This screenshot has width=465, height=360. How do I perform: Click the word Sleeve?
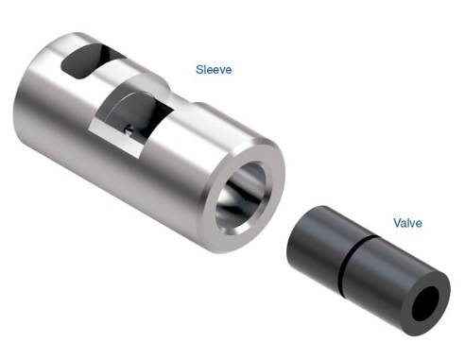(x=214, y=70)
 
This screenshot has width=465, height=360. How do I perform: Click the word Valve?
(x=407, y=223)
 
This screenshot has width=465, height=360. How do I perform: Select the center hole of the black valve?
(x=425, y=303)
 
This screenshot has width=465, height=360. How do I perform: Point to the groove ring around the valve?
(x=357, y=261)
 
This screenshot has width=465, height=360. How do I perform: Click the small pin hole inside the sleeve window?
(x=129, y=129)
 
